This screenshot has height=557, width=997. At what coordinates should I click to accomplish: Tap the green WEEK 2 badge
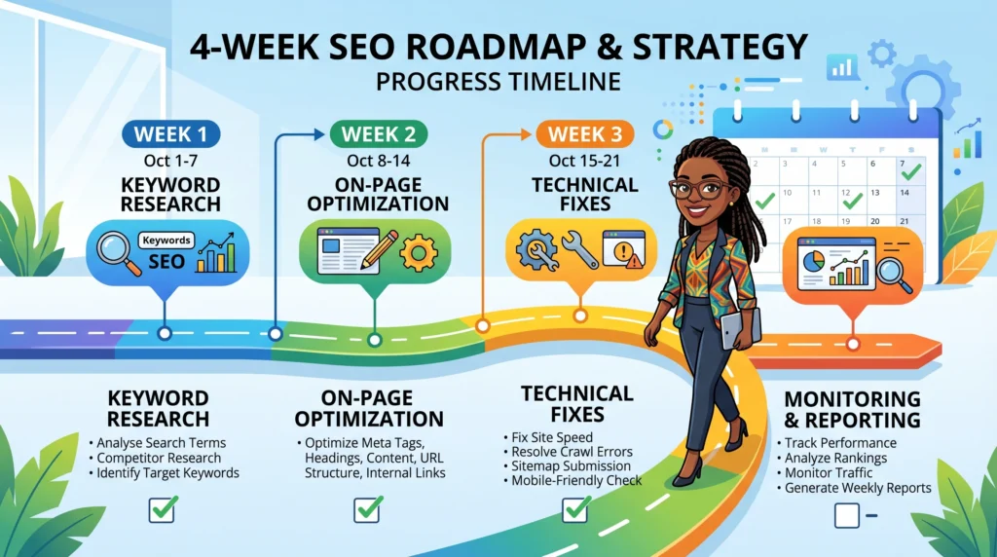click(x=374, y=133)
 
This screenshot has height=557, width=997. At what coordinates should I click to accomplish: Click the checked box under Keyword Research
click(x=163, y=507)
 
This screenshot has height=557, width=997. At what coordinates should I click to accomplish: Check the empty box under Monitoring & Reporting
click(x=847, y=515)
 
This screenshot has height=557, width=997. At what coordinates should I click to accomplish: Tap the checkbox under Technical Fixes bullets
click(x=575, y=508)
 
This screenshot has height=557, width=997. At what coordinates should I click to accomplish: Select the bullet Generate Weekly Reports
click(x=858, y=488)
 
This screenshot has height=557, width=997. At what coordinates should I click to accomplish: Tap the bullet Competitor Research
click(x=160, y=458)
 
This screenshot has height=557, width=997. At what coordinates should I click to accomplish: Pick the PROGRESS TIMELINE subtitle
click(x=498, y=80)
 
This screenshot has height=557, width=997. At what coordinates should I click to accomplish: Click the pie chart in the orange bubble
click(x=815, y=262)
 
